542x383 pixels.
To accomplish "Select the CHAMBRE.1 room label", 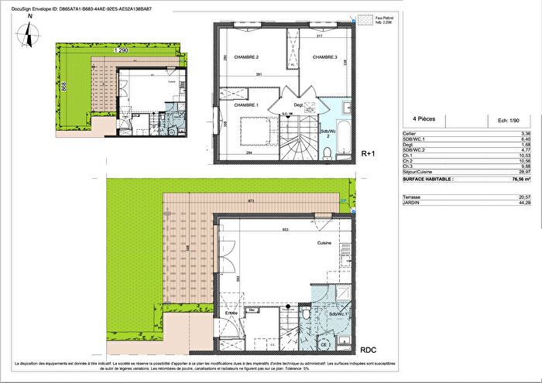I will (x=245, y=105).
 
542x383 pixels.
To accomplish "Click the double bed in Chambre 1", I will (x=254, y=128).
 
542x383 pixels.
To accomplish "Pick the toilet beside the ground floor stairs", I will (x=307, y=316).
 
